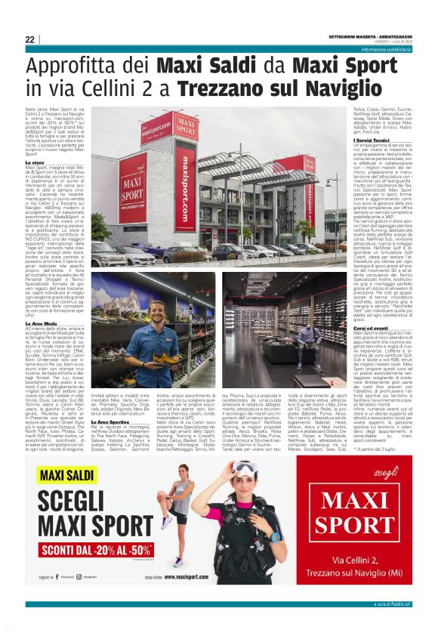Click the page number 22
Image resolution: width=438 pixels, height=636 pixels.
29,39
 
